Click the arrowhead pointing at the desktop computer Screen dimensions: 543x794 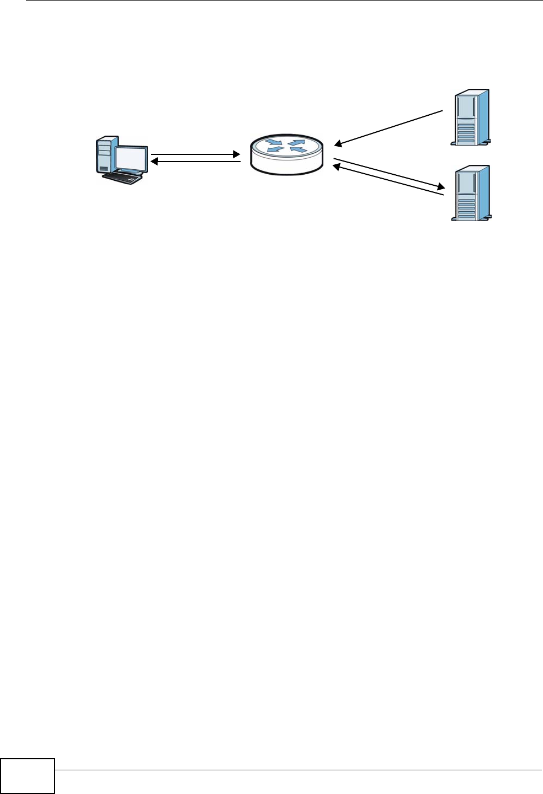pyautogui.click(x=155, y=162)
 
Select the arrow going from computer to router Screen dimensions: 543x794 pyautogui.click(x=196, y=155)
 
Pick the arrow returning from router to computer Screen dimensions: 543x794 pyautogui.click(x=196, y=162)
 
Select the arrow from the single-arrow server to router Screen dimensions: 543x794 pyautogui.click(x=389, y=128)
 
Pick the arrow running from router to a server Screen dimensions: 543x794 pyautogui.click(x=389, y=173)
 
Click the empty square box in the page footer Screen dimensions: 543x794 pyautogui.click(x=28, y=776)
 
